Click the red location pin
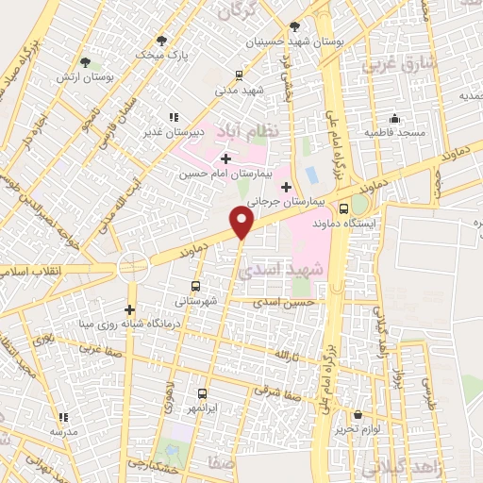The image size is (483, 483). (242, 221)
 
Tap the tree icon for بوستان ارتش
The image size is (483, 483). (86, 62)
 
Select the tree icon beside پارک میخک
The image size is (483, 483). (162, 40)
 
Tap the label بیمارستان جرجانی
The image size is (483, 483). (291, 202)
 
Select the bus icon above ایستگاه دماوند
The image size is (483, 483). (343, 208)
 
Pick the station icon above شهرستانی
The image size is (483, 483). (196, 286)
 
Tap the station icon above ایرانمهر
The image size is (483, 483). (203, 394)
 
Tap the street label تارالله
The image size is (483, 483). (285, 355)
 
